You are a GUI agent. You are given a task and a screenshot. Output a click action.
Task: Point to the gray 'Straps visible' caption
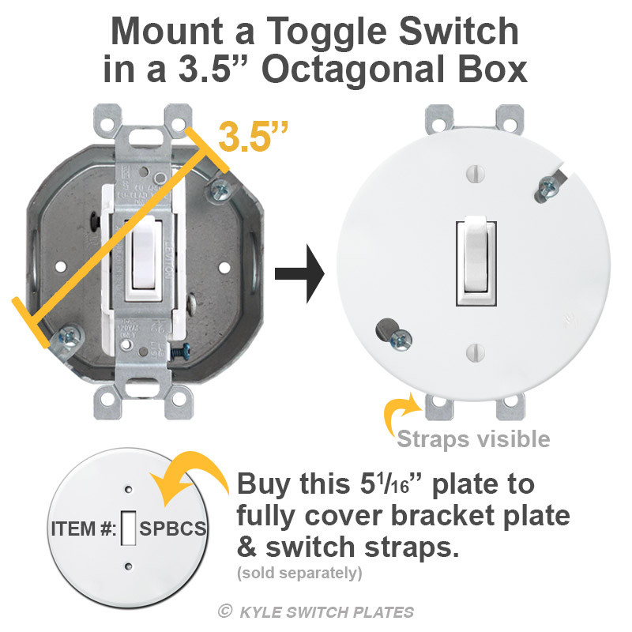tap(473, 438)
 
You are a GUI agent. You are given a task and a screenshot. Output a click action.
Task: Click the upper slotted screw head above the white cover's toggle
tap(475, 170)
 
